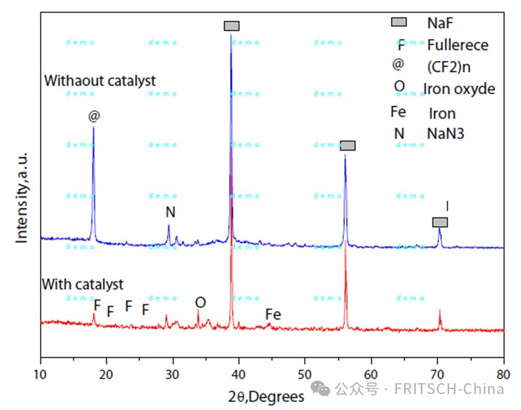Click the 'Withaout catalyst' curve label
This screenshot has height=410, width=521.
pos(99,80)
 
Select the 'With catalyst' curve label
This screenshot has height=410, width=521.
pos(83,284)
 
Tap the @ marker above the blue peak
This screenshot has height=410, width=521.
pos(94,116)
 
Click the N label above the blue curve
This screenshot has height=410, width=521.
pos(171,212)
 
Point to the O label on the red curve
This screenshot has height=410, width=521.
pos(200,302)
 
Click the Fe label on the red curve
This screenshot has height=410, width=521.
pos(273,314)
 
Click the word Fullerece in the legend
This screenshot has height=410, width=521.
pos(458,45)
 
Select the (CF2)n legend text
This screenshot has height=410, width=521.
pos(448,66)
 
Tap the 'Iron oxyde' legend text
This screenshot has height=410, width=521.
pos(459,89)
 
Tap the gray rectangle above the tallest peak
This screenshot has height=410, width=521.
pos(231,26)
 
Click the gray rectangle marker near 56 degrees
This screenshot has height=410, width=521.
pos(348,146)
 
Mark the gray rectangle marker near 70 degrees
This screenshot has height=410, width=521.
pos(440,222)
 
